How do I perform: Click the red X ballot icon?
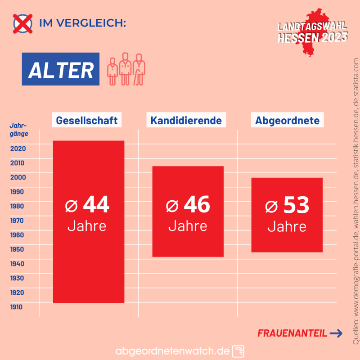[x=23, y=24]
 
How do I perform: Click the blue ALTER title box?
[x=61, y=69]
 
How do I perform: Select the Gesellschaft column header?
[x=87, y=121]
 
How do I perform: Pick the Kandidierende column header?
[x=186, y=121]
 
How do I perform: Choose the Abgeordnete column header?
[x=287, y=121]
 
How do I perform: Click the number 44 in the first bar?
[x=96, y=205]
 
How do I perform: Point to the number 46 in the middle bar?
[x=197, y=205]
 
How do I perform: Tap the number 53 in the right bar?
[x=296, y=205]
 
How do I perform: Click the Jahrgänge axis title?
[x=18, y=129]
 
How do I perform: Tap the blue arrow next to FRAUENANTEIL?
[x=336, y=333]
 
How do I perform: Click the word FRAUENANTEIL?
[x=292, y=333]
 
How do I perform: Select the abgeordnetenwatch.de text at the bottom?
[x=173, y=351]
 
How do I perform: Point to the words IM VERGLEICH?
[x=83, y=24]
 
